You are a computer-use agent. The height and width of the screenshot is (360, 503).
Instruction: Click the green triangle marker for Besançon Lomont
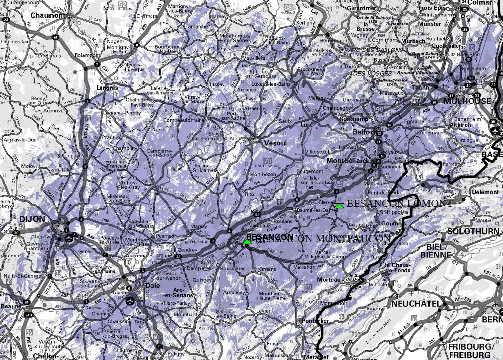tap(339, 205)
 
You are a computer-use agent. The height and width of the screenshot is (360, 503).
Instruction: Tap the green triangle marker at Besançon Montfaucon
tap(247, 241)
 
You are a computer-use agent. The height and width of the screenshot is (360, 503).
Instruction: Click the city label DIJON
tap(32, 219)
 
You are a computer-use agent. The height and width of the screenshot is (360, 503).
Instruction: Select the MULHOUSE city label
tap(467, 101)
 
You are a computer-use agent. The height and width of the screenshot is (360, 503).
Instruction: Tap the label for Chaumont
tap(48, 15)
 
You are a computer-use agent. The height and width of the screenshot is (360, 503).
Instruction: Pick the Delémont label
tap(485, 192)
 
